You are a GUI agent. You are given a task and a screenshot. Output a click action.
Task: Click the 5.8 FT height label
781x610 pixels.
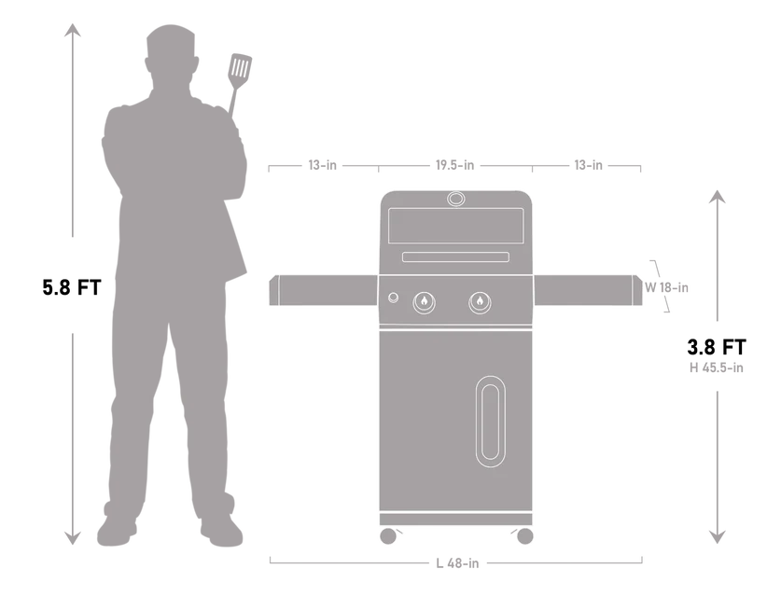coord(72,287)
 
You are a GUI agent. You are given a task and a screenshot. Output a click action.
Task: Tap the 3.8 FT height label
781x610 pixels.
coord(717,347)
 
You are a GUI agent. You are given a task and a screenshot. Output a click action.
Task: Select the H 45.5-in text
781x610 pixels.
coord(717,368)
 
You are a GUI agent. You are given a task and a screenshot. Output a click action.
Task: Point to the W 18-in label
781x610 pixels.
coord(666,287)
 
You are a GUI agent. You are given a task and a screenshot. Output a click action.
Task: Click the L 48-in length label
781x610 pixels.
coord(457,563)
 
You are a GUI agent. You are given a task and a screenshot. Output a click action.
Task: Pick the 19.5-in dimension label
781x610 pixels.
coord(454,165)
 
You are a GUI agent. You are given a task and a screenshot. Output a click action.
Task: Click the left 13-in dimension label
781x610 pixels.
coord(322,165)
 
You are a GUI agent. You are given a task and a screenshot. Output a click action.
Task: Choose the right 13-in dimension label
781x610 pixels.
coord(588,165)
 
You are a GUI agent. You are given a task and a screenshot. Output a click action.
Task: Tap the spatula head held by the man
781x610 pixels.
coord(240,68)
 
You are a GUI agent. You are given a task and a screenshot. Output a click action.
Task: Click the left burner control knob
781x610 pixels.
coord(424,302)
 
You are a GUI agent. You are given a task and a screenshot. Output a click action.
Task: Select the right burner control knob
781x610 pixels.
coord(480,302)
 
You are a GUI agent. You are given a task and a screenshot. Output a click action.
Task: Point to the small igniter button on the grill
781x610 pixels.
coord(393,298)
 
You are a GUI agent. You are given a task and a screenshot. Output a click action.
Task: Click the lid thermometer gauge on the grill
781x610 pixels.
coord(455,199)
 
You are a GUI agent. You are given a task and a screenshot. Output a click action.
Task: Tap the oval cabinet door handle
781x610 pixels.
coord(491,422)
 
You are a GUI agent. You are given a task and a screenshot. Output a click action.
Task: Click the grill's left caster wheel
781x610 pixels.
coord(388,536)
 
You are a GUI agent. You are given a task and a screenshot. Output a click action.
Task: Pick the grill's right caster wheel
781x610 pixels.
coord(525,536)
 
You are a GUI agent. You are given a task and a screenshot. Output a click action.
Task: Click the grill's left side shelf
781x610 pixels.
coord(323,290)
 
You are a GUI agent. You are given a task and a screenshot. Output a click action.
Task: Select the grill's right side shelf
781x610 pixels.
coord(588,290)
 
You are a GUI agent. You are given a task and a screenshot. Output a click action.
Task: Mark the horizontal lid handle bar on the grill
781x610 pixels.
coord(455,256)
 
